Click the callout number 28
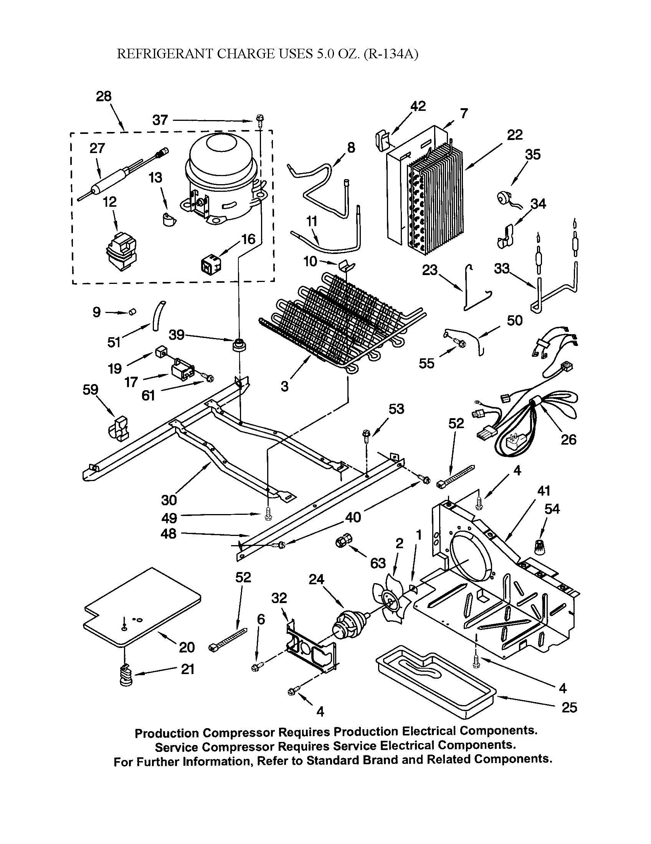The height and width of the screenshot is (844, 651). coord(104,96)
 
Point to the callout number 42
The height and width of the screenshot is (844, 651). coord(418,106)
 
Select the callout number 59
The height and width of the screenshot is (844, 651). coord(90,389)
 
